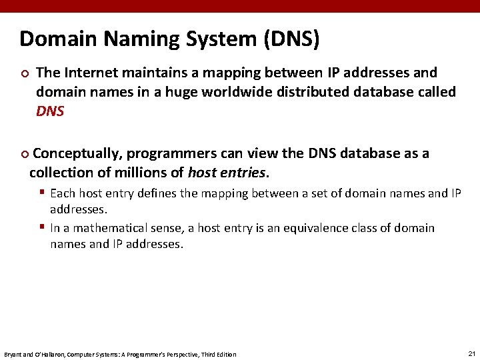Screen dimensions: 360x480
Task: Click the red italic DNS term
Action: pyautogui.click(x=50, y=111)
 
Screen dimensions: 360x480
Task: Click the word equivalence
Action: pyautogui.click(x=313, y=228)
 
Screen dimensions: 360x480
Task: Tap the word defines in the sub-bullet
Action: pyautogui.click(x=156, y=193)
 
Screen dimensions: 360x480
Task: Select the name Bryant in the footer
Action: pyautogui.click(x=13, y=354)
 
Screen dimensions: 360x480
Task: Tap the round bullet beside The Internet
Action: pyautogui.click(x=24, y=73)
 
